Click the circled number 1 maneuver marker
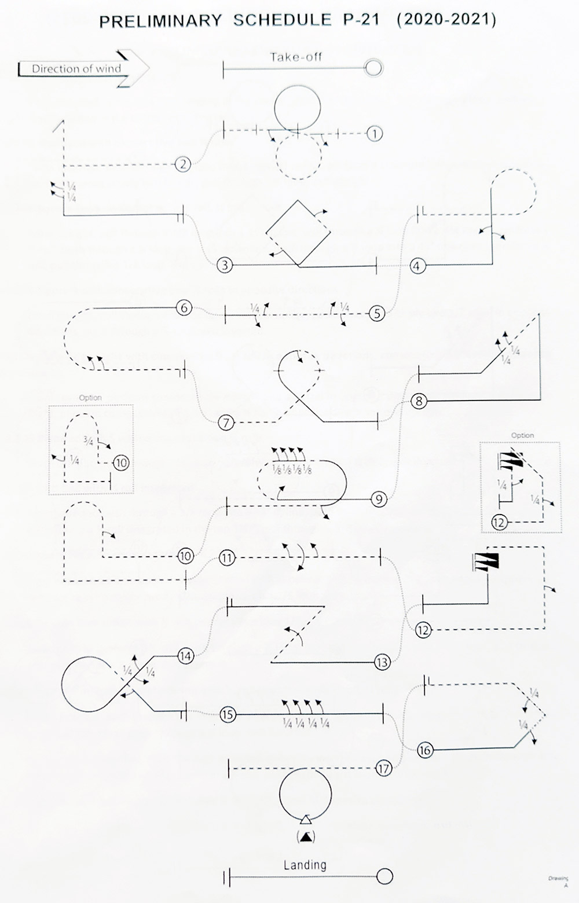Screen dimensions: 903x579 click(375, 134)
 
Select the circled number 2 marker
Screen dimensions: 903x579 click(183, 164)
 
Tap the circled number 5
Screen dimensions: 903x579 click(377, 314)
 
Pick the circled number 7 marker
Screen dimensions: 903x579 click(226, 423)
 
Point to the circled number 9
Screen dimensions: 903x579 click(379, 499)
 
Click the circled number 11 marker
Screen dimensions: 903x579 click(227, 558)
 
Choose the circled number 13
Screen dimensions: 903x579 click(382, 662)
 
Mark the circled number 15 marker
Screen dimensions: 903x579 click(228, 715)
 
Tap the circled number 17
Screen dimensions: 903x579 click(383, 769)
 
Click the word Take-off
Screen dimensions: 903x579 click(296, 57)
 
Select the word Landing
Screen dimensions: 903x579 click(305, 865)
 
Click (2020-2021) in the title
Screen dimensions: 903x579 click(446, 20)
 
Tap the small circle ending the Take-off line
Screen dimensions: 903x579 click(374, 68)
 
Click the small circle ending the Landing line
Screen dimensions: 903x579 click(384, 876)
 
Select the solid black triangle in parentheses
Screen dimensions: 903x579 click(306, 836)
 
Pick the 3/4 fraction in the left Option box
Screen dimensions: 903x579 click(88, 441)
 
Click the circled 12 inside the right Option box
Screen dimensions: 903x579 click(499, 522)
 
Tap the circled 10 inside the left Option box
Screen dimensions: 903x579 click(121, 462)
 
